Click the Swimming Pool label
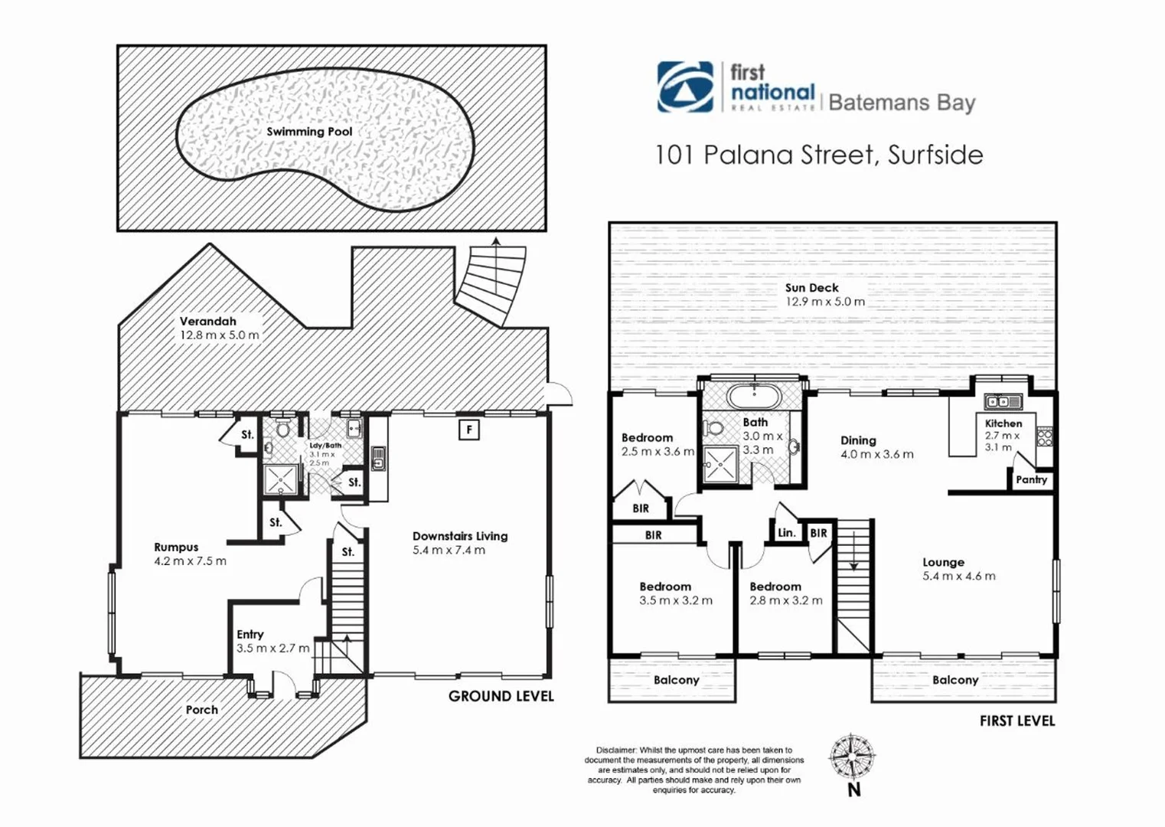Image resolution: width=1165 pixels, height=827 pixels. point(309,132)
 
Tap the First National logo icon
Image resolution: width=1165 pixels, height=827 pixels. point(684,87)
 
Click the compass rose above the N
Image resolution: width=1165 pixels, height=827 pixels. point(853,757)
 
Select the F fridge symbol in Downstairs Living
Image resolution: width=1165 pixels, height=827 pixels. point(468,430)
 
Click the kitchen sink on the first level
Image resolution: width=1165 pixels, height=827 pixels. point(1003,401)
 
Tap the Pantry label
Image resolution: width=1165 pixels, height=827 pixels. point(1031,480)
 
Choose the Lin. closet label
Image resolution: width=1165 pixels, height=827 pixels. point(786,533)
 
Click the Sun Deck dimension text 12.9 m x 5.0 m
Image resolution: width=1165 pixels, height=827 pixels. point(825,302)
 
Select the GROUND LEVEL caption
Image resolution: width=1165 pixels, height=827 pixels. point(501,696)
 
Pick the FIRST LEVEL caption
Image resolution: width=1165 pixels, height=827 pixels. point(1017,721)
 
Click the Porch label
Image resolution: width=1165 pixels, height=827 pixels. point(202,710)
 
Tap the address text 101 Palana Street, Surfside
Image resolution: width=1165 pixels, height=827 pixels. point(818,155)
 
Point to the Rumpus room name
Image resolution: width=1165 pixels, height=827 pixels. point(176,548)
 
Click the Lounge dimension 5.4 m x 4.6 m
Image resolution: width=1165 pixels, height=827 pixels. point(958,576)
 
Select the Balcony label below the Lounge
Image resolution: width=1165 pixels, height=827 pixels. point(955,680)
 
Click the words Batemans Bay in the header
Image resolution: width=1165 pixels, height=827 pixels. point(902,103)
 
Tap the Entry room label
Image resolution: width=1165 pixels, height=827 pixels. point(250,634)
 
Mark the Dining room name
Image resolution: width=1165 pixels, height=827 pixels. point(858,440)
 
